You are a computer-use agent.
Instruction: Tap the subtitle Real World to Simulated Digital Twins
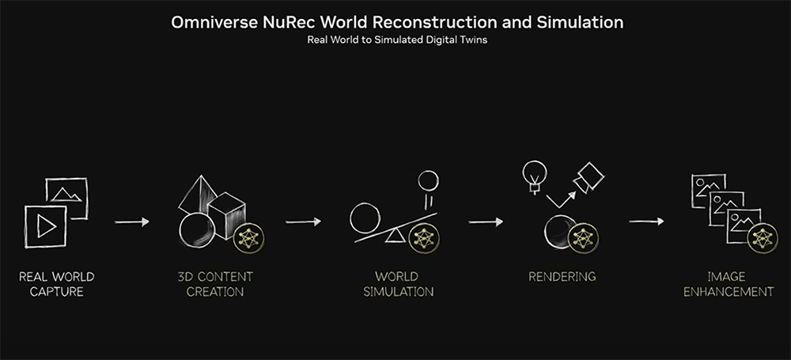[x=397, y=40]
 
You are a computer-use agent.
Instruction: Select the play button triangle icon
[x=47, y=227]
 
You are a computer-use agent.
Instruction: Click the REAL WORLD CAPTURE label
[x=56, y=284]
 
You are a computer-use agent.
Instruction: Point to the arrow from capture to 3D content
[x=132, y=222]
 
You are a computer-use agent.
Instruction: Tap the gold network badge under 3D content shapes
[x=248, y=238]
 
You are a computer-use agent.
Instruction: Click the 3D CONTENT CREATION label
[x=215, y=284]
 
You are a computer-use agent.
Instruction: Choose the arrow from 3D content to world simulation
[x=303, y=222]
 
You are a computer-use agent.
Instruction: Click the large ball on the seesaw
[x=365, y=218]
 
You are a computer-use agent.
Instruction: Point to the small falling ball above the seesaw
[x=428, y=180]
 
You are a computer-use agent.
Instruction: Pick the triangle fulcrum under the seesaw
[x=395, y=235]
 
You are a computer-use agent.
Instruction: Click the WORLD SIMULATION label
[x=398, y=284]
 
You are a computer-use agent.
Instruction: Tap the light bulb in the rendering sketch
[x=535, y=176]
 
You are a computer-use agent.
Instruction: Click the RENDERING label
[x=562, y=277]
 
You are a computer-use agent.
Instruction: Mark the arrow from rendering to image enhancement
[x=647, y=222]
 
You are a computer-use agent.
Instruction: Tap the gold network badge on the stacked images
[x=763, y=239]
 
